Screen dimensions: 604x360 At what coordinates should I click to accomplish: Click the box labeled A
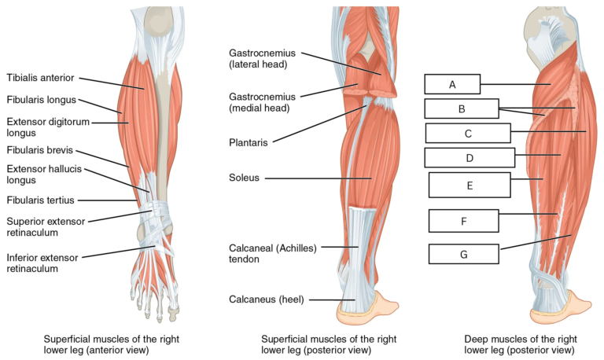(452, 84)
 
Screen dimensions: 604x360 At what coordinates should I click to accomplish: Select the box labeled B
(462, 108)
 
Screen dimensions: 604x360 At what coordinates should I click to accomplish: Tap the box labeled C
(468, 133)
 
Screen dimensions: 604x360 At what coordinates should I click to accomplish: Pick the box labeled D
(470, 157)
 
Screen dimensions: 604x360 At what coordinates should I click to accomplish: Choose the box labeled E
(470, 186)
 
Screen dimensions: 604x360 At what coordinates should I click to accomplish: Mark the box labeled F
(464, 221)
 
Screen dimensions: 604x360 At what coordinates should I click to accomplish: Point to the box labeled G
(464, 254)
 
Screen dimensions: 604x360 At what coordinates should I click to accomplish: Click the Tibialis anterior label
(40, 78)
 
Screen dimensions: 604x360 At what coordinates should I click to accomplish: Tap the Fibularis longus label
(42, 100)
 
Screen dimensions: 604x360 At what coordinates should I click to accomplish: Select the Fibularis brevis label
(39, 150)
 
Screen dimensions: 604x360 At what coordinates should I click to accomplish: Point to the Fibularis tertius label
(40, 200)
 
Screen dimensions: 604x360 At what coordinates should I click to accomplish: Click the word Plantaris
(249, 142)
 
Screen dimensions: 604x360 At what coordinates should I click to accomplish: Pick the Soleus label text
(245, 178)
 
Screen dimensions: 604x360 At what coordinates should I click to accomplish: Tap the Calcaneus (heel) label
(267, 299)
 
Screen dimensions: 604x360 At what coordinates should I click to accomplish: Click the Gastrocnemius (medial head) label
(263, 102)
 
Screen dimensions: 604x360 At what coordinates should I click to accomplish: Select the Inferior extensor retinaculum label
(42, 263)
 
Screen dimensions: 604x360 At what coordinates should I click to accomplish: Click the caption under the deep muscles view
(521, 344)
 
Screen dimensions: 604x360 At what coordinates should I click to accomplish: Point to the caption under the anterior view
(112, 344)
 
